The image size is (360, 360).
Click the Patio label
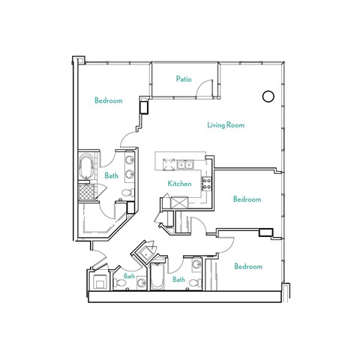pos(184,78)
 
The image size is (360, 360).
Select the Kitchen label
pos(179,184)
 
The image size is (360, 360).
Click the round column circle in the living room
pos(266,96)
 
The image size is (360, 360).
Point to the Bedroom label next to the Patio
pos(109,100)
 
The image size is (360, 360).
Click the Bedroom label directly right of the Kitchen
pos(247,199)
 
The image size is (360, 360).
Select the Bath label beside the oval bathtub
pos(112,176)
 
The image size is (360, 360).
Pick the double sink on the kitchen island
pos(185,164)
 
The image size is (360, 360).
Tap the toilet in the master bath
pos(127,193)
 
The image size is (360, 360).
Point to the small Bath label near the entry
pos(129,276)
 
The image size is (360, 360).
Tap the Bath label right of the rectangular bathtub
pos(179,280)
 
